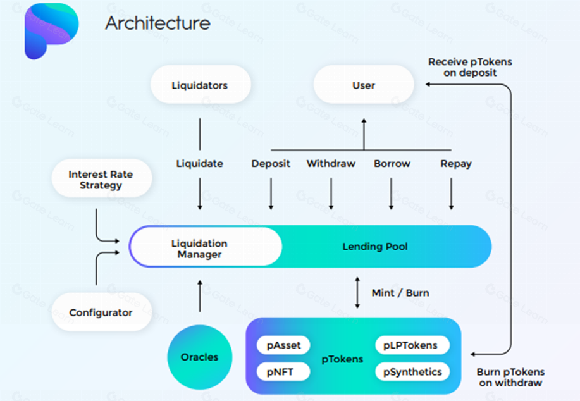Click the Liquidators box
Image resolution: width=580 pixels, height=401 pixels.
coord(200,85)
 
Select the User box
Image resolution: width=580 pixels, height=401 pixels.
coord(364,85)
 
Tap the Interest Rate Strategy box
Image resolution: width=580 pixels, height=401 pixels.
coord(101,179)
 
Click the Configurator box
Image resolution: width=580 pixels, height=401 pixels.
coord(101,312)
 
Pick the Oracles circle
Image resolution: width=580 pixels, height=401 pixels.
coord(199,357)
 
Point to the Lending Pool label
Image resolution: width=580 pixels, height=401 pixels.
coord(375,247)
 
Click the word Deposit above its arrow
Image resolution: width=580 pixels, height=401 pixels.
coord(271,164)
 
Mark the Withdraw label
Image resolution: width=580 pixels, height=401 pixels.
coord(331,164)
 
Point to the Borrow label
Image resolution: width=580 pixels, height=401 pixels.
coord(392,164)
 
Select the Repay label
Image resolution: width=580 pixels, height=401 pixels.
coord(456,164)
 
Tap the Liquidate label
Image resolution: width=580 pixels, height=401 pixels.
coord(200,164)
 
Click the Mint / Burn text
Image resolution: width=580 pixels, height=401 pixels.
coord(400,293)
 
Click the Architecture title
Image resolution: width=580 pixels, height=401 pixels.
coord(157,23)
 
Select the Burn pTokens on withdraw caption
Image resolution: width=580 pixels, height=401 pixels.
coord(511,377)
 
